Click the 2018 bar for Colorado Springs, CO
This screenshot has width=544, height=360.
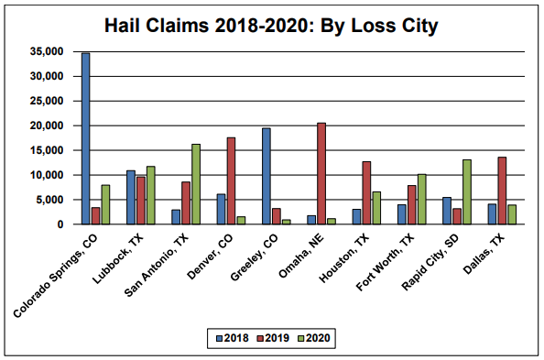(x=85, y=138)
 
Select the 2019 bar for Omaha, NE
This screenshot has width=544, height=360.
(x=321, y=173)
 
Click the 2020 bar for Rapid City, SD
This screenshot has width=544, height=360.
(x=466, y=191)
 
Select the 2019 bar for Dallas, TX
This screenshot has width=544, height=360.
(x=501, y=191)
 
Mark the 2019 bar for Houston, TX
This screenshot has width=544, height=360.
(x=366, y=192)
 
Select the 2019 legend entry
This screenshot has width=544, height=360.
(x=274, y=338)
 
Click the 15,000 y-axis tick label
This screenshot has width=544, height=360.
(x=48, y=150)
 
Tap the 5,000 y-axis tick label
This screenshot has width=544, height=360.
(x=50, y=200)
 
